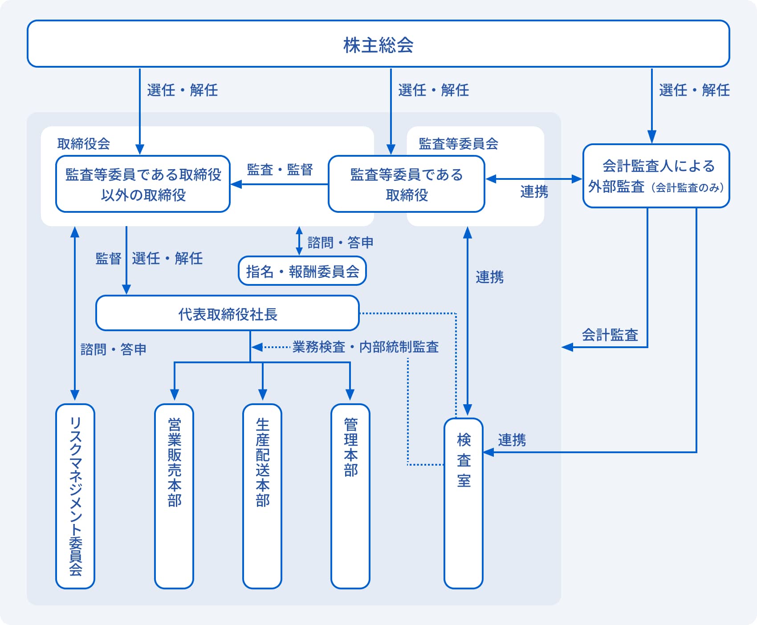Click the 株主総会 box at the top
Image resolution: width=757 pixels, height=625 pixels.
378,44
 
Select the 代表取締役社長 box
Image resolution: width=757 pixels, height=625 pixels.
228,313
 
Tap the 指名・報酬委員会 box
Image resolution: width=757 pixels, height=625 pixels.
302,271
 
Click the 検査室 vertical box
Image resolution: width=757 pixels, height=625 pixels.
464,503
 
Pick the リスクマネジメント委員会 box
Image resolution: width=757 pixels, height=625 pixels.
75,496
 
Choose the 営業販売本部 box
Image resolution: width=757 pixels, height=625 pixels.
174,496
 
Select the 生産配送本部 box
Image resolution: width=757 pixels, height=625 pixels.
262,496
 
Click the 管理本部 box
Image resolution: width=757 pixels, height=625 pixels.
350,496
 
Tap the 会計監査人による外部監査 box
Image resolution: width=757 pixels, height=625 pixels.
656,176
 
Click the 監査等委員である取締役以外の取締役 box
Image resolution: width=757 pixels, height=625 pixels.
143,184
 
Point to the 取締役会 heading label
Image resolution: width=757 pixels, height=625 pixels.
84,144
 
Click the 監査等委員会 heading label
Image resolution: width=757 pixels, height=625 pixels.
458,144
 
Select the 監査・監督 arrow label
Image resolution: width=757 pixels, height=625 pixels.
280,170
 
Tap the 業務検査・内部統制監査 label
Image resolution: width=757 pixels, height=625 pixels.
366,347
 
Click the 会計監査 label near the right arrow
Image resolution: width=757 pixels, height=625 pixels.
610,335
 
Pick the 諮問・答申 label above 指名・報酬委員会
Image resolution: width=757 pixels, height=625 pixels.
340,243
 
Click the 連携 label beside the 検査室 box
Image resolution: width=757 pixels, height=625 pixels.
512,440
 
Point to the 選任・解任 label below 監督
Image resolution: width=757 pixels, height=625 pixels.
167,258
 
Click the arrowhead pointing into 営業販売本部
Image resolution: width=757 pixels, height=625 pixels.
175,394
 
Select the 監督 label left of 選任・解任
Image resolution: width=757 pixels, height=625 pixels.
108,258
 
